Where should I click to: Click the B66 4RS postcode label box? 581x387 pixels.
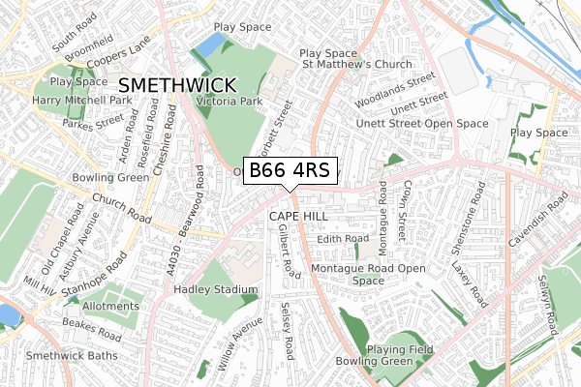tap(290, 170)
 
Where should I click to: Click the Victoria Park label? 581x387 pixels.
tap(229, 99)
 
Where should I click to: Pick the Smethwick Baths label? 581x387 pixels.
tap(72, 355)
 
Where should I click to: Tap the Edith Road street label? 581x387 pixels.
tap(344, 238)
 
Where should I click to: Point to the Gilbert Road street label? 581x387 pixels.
tap(288, 253)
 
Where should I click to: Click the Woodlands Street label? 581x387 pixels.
tap(407, 83)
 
